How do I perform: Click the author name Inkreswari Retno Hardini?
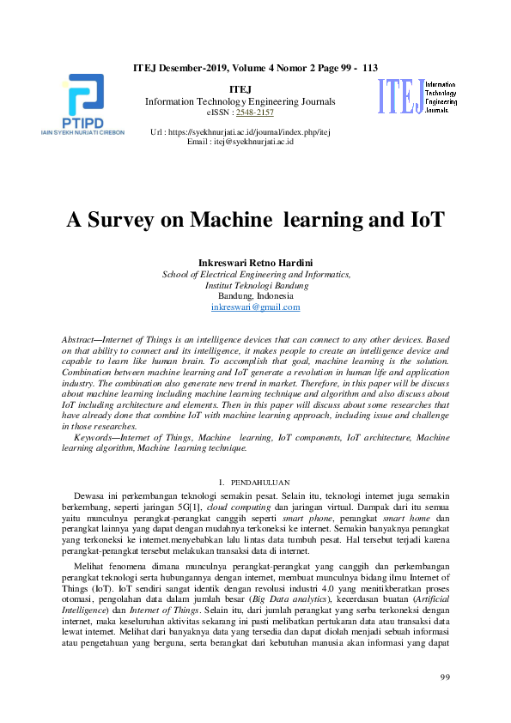click(255, 262)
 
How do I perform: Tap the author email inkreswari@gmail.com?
click(255, 307)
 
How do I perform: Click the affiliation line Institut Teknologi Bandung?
click(255, 284)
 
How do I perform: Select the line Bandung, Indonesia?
click(255, 295)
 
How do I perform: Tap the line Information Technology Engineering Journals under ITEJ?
click(240, 101)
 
